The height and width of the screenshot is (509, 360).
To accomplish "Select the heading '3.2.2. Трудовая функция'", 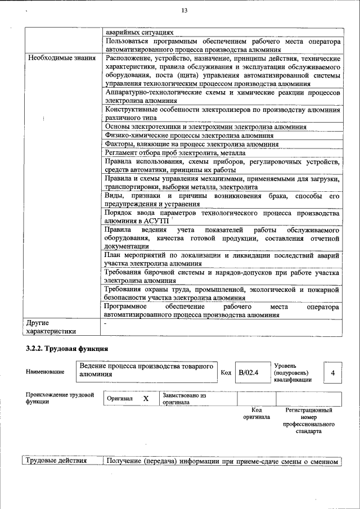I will (66, 349).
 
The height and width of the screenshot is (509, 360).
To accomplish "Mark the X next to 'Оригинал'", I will (146, 398).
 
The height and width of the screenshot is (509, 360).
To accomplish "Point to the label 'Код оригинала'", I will (256, 413).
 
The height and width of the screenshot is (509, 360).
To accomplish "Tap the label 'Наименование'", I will (45, 372).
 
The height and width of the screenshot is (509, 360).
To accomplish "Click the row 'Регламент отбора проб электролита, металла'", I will (175, 153).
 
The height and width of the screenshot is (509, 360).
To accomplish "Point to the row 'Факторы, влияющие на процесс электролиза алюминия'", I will (192, 144).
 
